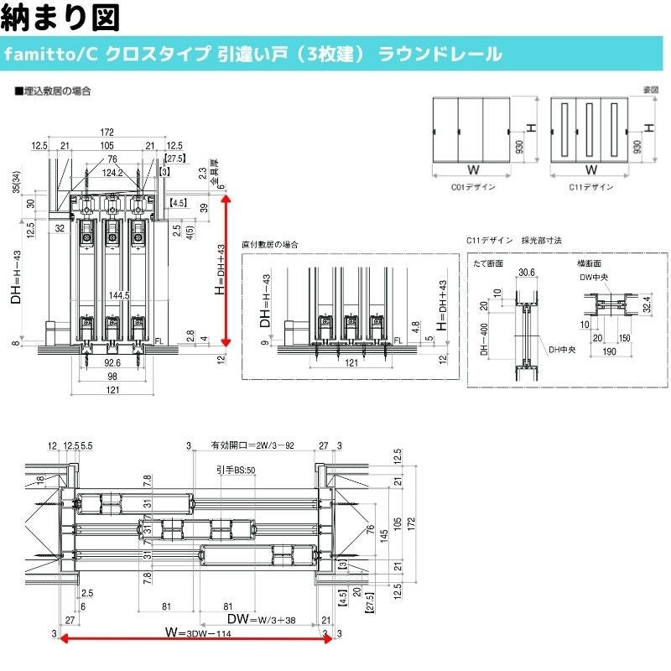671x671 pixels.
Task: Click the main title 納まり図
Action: point(60,17)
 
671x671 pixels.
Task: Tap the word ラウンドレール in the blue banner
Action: point(440,55)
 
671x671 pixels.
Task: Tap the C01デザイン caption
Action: point(472,186)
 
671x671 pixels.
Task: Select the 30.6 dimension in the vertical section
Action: point(526,273)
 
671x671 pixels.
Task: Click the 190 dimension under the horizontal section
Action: point(609,351)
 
